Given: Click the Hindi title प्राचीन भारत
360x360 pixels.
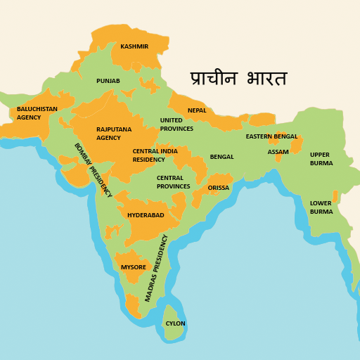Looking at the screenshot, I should pos(238,78).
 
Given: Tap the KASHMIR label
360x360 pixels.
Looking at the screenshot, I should pos(134,47).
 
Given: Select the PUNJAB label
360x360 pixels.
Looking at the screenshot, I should pos(108,81).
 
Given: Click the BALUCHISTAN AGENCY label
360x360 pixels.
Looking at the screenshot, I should pos(37,113).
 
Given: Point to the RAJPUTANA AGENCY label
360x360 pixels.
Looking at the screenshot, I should pos(114,134).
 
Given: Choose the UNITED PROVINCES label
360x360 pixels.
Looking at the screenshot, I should pos(176,124).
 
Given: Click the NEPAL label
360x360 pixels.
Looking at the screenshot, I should pos(197,110).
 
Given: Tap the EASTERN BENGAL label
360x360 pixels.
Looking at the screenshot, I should pos(271,136).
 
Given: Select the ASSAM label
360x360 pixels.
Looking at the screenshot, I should pos(278,152).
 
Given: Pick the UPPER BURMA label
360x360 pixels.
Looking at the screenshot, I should pos(321,159).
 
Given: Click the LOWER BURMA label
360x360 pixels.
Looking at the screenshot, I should pos(321,207).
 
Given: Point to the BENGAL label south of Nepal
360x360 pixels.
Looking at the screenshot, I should pos(221,157).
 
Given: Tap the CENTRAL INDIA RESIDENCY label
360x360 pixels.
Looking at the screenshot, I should pos(155,155).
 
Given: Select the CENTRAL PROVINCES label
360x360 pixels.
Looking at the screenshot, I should pos(173,182).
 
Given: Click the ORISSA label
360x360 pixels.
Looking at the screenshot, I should pos(219,188).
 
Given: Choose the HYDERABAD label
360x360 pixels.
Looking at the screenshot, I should pos(146,215).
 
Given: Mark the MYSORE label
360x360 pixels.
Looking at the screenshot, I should pos(134,267).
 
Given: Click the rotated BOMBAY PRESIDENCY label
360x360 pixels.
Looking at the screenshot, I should pos(93,169).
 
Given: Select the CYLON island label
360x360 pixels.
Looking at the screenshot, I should pos(175,323).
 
